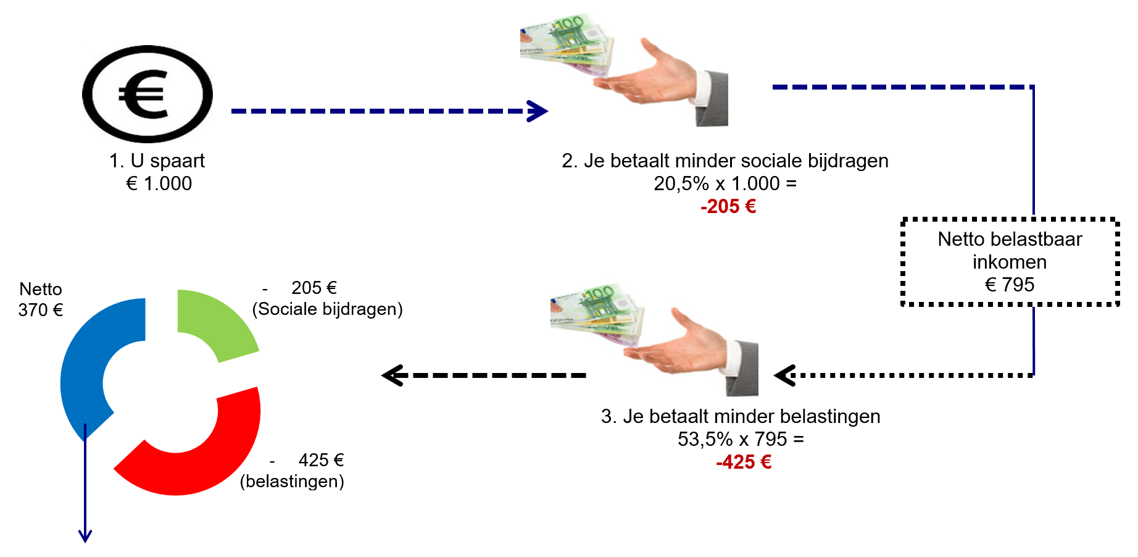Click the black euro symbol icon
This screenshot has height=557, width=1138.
pyautogui.click(x=147, y=94)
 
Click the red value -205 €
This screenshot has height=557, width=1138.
pyautogui.click(x=728, y=206)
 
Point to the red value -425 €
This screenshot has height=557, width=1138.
pyautogui.click(x=744, y=462)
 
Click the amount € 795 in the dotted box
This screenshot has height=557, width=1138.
pyautogui.click(x=1010, y=285)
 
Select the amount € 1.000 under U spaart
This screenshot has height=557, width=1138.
pyautogui.click(x=159, y=183)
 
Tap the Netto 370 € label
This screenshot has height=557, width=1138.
pyautogui.click(x=41, y=299)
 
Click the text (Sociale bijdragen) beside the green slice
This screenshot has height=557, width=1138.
pyautogui.click(x=327, y=309)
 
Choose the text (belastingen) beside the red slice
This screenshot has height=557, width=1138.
pyautogui.click(x=292, y=481)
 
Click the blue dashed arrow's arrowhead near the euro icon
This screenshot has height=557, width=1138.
pyautogui.click(x=538, y=111)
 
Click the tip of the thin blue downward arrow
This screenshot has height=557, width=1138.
pyautogui.click(x=85, y=540)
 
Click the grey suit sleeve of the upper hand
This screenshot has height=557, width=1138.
pyautogui.click(x=713, y=99)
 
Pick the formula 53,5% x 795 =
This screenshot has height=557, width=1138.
pyautogui.click(x=741, y=439)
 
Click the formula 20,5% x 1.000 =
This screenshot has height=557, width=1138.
pyautogui.click(x=725, y=183)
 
